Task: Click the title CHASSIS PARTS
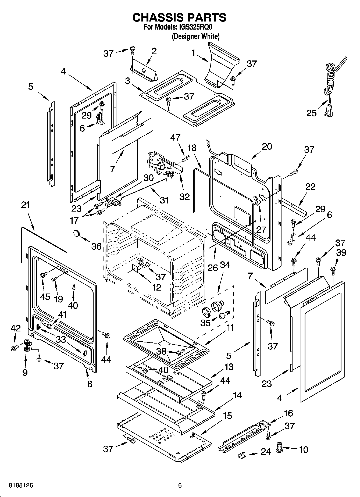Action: pyautogui.click(x=179, y=17)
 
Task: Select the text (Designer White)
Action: pyautogui.click(x=195, y=36)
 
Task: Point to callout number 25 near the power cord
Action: pyautogui.click(x=312, y=113)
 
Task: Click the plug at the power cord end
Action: pyautogui.click(x=329, y=109)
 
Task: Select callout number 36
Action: pyautogui.click(x=96, y=246)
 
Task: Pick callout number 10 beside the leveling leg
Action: pyautogui.click(x=304, y=449)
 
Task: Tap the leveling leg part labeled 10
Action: pyautogui.click(x=280, y=448)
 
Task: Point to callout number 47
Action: pyautogui.click(x=175, y=138)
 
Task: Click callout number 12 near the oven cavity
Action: pyautogui.click(x=156, y=287)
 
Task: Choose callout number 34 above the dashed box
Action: pyautogui.click(x=225, y=265)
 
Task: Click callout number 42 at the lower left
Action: pyautogui.click(x=15, y=328)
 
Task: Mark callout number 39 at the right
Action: pyautogui.click(x=341, y=253)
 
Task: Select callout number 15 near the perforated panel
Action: pyautogui.click(x=227, y=416)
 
